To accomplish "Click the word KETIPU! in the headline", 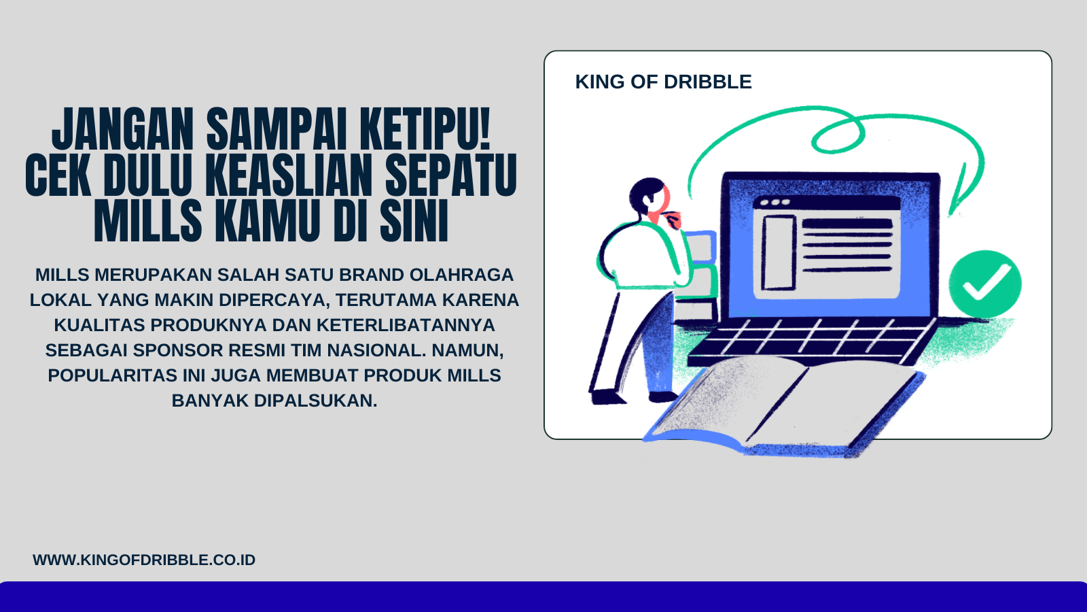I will pos(425,129).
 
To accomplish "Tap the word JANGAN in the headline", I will pos(123,129).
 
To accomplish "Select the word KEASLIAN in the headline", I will pos(289,175).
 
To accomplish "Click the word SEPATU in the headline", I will pos(451,175).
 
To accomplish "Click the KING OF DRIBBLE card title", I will pos(663,82).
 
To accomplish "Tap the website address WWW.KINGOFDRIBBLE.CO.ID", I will pos(144,560).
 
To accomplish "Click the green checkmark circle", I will pos(984,284).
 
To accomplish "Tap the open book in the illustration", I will pos(781,405).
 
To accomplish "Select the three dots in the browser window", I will pos(775,203).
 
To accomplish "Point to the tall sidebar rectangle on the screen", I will pos(779,252).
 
